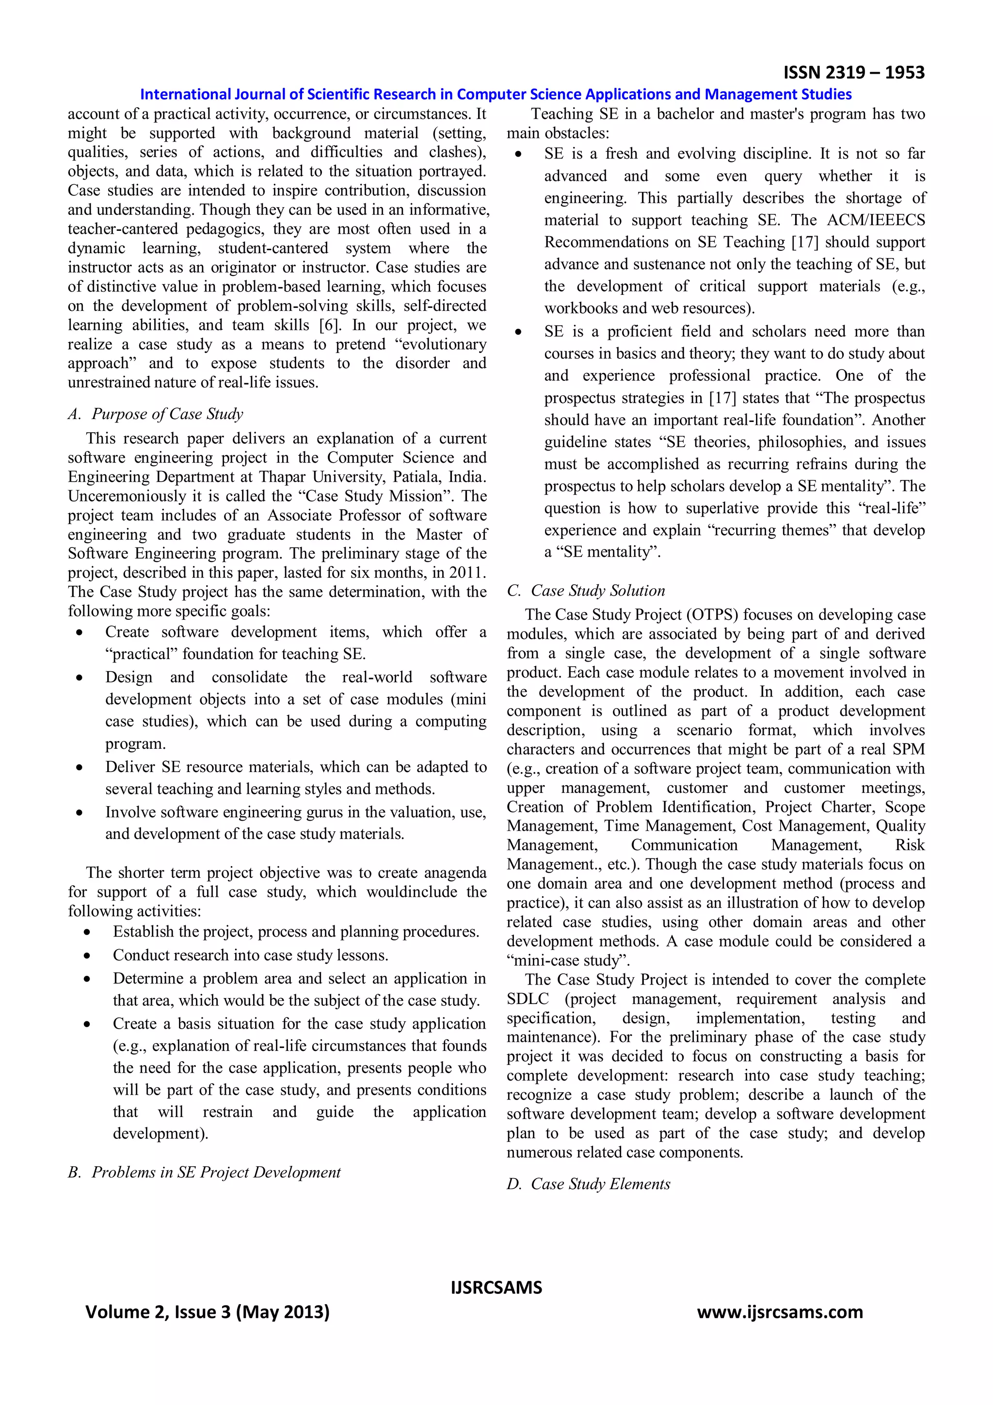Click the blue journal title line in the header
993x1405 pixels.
496,94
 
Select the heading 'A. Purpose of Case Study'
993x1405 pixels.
156,414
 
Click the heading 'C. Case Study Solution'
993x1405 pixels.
586,591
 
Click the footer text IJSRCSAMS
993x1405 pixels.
496,1288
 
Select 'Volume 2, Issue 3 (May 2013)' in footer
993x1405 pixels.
208,1312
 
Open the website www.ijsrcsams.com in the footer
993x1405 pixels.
780,1312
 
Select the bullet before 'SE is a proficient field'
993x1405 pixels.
518,332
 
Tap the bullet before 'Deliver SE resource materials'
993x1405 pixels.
80,767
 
